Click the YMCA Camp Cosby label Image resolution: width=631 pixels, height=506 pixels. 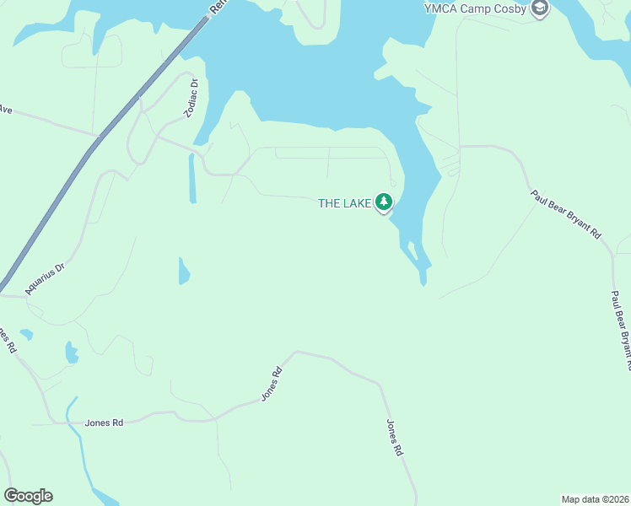click(x=475, y=9)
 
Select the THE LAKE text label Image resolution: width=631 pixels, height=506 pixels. click(x=344, y=202)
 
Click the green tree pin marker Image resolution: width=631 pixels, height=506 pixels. click(x=385, y=202)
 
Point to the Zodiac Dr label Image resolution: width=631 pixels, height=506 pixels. click(x=191, y=98)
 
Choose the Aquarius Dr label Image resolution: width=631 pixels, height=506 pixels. click(x=44, y=277)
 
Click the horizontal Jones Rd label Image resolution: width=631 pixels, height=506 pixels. click(x=104, y=423)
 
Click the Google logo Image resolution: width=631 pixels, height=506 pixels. click(x=28, y=496)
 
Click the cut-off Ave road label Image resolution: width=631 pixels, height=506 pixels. click(x=6, y=110)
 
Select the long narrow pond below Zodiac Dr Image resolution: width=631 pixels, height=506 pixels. click(x=192, y=178)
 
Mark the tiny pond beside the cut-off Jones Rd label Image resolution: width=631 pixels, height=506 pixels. click(x=27, y=335)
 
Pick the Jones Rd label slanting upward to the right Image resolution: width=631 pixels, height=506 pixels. click(x=270, y=384)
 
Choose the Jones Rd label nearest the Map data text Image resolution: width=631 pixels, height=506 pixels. click(x=394, y=438)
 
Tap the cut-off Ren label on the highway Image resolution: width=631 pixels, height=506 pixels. click(x=217, y=8)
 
